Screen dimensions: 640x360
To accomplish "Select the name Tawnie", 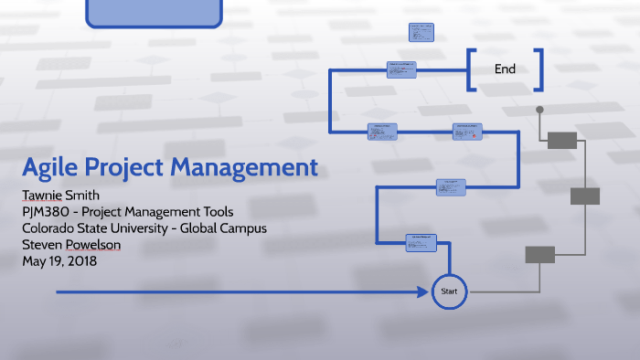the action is pyautogui.click(x=42, y=196).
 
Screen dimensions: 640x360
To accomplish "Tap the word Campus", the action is pyautogui.click(x=240, y=228).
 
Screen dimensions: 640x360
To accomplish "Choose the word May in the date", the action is pyautogui.click(x=34, y=261).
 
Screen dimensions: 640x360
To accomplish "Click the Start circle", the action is pyautogui.click(x=449, y=291).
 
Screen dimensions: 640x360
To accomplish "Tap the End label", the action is pyautogui.click(x=505, y=69).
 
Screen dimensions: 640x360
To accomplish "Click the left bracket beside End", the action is pyautogui.click(x=471, y=69).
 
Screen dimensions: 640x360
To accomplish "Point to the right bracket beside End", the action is pyautogui.click(x=539, y=69).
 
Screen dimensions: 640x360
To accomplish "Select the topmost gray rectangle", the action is pyautogui.click(x=561, y=140).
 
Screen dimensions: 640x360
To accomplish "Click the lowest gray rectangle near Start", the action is pyautogui.click(x=539, y=255).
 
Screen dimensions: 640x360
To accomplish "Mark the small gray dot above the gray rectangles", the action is pyautogui.click(x=539, y=110).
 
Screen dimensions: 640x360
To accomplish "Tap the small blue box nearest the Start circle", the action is pyautogui.click(x=424, y=242).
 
